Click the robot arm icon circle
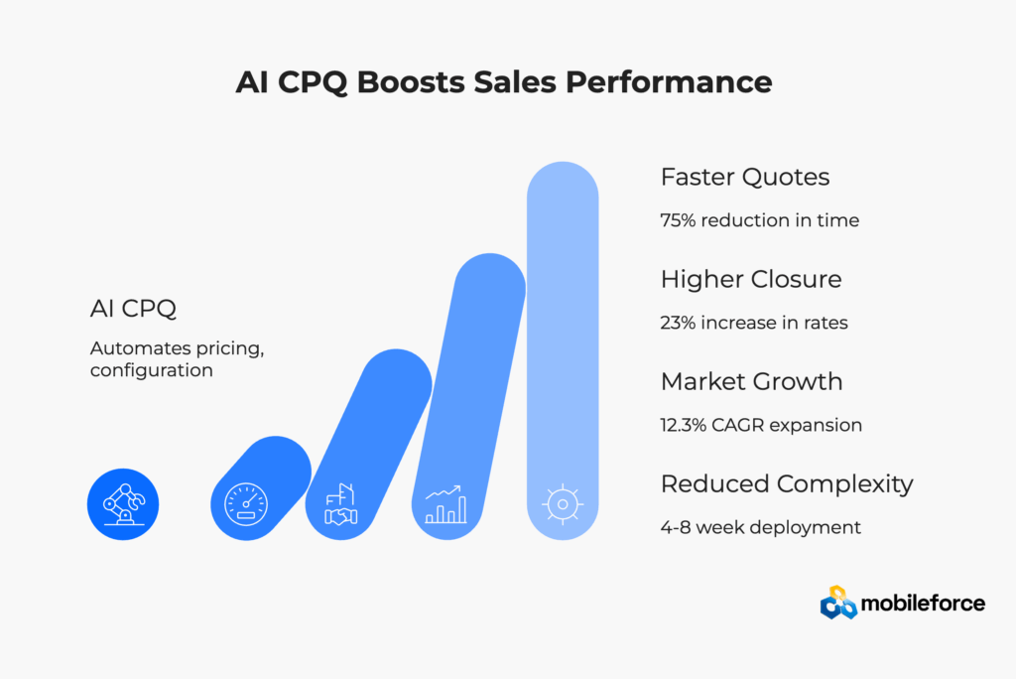(x=123, y=504)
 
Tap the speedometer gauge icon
(x=246, y=504)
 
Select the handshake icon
(x=341, y=504)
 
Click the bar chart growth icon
(x=445, y=504)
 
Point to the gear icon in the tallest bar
(x=563, y=504)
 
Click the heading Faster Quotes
(x=745, y=177)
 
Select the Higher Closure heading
(x=751, y=280)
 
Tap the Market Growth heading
(x=752, y=381)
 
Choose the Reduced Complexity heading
(x=787, y=483)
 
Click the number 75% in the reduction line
(x=678, y=220)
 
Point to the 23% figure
(x=678, y=323)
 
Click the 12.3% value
(x=683, y=425)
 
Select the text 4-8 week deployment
(x=761, y=527)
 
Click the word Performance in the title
(x=669, y=82)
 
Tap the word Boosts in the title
(x=411, y=82)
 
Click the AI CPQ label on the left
(x=133, y=308)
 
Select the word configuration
(x=152, y=370)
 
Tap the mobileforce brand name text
(x=923, y=604)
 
